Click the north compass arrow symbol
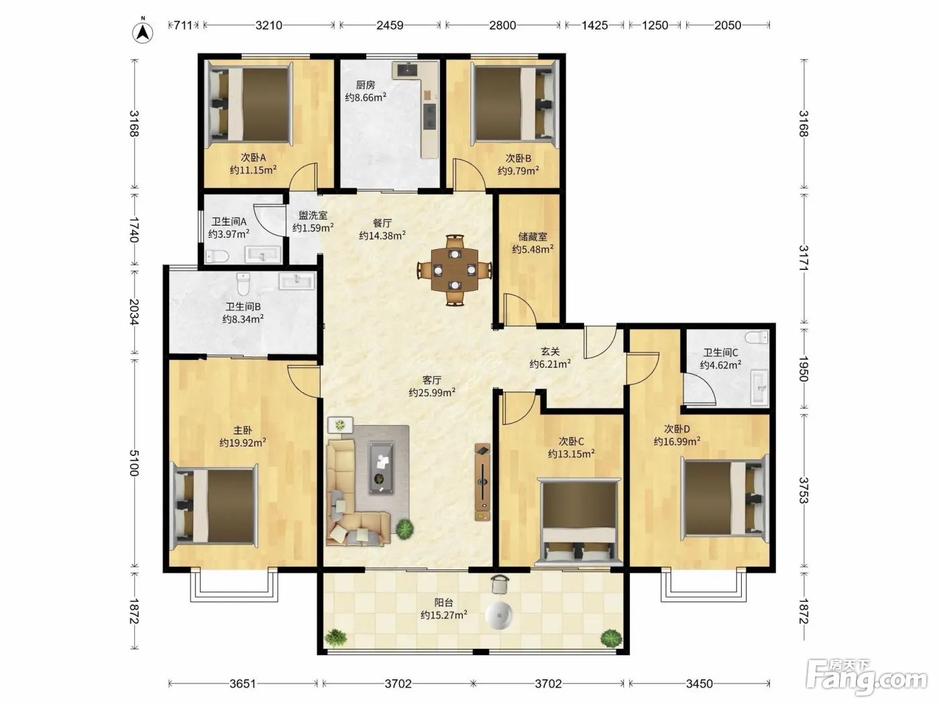click(x=143, y=31)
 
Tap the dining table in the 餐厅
click(x=454, y=270)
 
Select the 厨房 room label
click(x=366, y=85)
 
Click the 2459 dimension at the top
click(x=390, y=26)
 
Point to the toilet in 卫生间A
click(x=217, y=256)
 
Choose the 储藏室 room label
click(x=533, y=237)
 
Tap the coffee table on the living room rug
click(x=382, y=468)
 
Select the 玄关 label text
click(x=551, y=351)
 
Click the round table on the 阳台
click(x=499, y=616)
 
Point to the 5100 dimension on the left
click(x=134, y=463)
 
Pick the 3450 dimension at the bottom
click(x=699, y=684)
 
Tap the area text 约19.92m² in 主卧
click(x=243, y=442)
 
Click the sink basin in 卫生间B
click(x=297, y=281)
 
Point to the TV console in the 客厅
click(x=482, y=482)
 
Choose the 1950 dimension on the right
click(x=803, y=368)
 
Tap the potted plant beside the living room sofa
click(x=404, y=529)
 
